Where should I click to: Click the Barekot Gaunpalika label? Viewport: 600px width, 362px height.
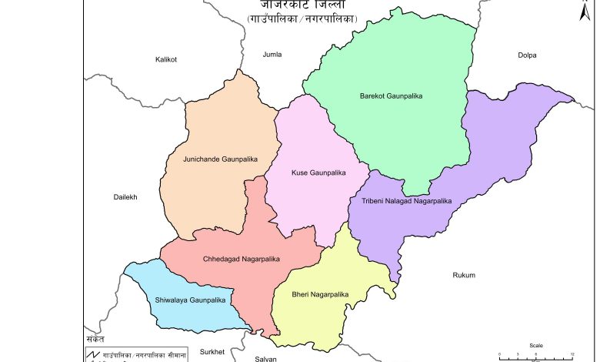pos(392,96)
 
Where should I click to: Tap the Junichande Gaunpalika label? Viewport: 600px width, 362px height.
pos(220,159)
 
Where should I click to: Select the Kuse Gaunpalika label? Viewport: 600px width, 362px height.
pos(318,173)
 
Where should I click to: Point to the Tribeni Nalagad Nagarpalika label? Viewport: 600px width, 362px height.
pos(406,201)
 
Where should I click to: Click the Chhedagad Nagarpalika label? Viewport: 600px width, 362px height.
pos(242,259)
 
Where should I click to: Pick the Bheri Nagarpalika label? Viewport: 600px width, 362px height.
pos(320,294)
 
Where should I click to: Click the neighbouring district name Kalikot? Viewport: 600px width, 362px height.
pos(166,59)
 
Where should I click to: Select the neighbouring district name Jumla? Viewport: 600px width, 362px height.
pos(272,55)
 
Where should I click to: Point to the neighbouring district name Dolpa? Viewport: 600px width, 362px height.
pos(527,55)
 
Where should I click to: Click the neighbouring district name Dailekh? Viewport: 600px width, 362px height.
pos(125,197)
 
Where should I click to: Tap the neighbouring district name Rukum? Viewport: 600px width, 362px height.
pos(464,275)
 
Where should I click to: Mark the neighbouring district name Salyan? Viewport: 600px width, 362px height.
pos(265,358)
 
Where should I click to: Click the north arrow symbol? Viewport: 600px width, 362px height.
pos(585,12)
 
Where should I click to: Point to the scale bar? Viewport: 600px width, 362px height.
pos(536,355)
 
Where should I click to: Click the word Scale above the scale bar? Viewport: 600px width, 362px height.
pos(535,346)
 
